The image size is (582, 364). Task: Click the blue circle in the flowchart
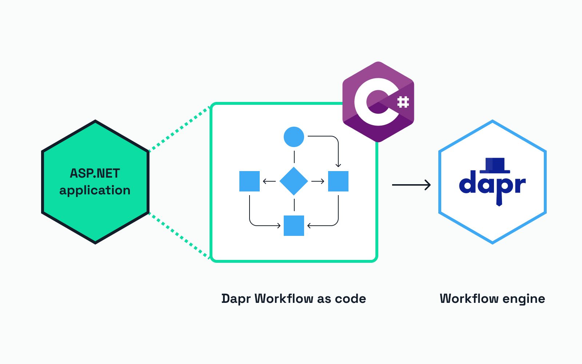click(294, 137)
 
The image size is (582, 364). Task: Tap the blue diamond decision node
click(294, 181)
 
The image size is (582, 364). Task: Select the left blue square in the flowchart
click(250, 181)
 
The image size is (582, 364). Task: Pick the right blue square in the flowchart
click(338, 181)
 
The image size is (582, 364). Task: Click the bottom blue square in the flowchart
click(294, 226)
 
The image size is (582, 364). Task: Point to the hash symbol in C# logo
click(403, 102)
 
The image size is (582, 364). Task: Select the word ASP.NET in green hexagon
click(95, 173)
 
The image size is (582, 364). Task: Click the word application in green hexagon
click(95, 190)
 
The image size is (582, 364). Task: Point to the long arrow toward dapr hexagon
click(411, 185)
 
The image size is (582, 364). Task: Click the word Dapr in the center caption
click(236, 299)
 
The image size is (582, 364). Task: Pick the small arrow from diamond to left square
click(269, 181)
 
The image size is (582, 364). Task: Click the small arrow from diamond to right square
click(318, 181)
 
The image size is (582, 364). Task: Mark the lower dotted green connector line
click(180, 236)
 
